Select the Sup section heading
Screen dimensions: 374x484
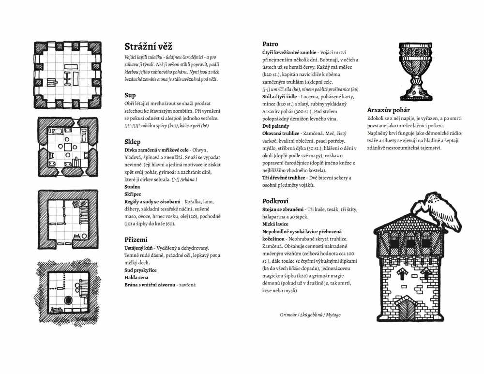coord(130,95)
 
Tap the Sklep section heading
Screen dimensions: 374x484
coord(133,142)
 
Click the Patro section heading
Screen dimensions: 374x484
coord(270,44)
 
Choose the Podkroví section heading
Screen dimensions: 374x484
coord(276,200)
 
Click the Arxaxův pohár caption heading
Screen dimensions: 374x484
coord(388,110)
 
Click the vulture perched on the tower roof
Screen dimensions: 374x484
coord(439,210)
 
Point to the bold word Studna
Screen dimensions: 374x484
coord(132,186)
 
